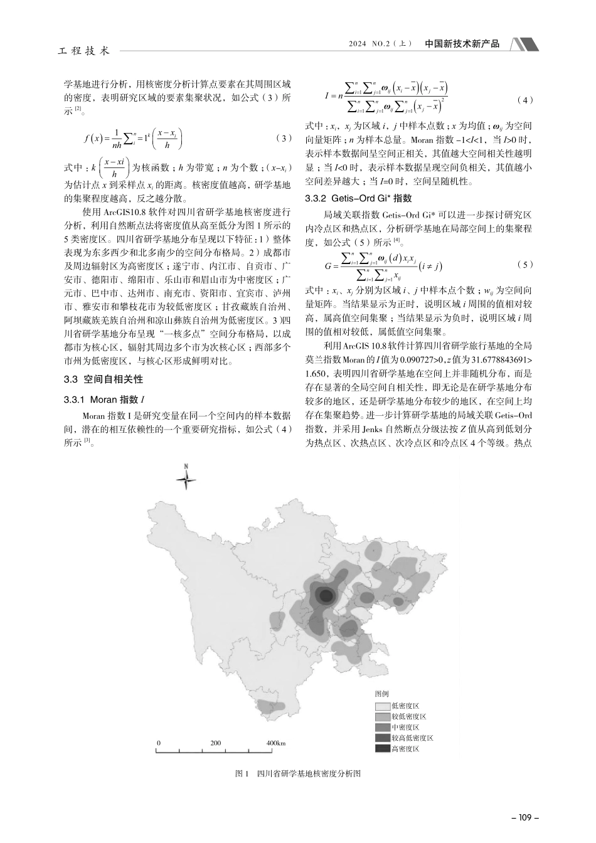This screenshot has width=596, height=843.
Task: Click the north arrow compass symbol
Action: [186, 480]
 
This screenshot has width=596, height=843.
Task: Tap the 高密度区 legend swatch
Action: [383, 748]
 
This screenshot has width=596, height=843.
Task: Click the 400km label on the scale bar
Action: [275, 743]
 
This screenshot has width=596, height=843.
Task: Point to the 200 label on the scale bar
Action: [216, 743]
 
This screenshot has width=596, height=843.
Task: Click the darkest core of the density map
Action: [324, 595]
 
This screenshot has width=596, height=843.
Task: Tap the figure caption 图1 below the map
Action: [298, 773]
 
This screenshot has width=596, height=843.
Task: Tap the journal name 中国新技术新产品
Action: [462, 44]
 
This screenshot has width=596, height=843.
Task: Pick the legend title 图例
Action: [382, 694]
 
